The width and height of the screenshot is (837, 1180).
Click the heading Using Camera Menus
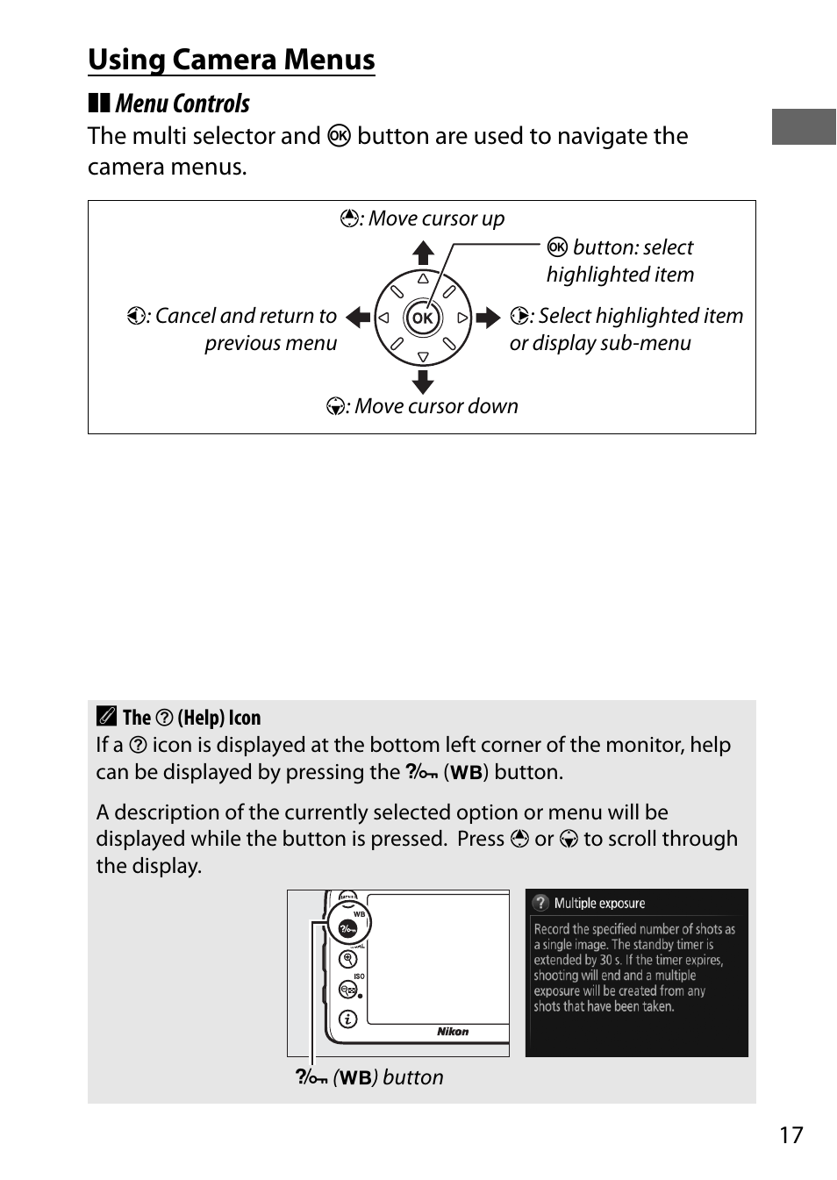[x=232, y=60]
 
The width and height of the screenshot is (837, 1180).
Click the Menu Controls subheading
[x=182, y=104]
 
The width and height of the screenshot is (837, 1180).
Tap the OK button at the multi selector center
[x=423, y=318]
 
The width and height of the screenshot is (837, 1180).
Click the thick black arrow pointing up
[x=423, y=253]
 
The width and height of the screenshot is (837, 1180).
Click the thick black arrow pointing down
[x=423, y=382]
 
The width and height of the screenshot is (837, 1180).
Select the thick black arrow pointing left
[x=358, y=318]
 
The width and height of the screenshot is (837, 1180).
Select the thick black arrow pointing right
[x=488, y=318]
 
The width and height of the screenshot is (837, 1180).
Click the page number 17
[x=790, y=1135]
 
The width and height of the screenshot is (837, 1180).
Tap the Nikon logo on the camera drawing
[x=453, y=1032]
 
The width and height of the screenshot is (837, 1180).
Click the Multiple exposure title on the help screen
[x=599, y=904]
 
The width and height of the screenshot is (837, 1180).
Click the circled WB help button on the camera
[x=347, y=927]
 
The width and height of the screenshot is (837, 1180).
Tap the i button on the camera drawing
[x=347, y=1019]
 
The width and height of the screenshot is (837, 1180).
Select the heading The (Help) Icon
[x=191, y=718]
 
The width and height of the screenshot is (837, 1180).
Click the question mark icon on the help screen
[x=541, y=903]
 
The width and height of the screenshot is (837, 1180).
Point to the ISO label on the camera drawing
[x=359, y=976]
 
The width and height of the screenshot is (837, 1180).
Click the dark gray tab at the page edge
[x=804, y=126]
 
